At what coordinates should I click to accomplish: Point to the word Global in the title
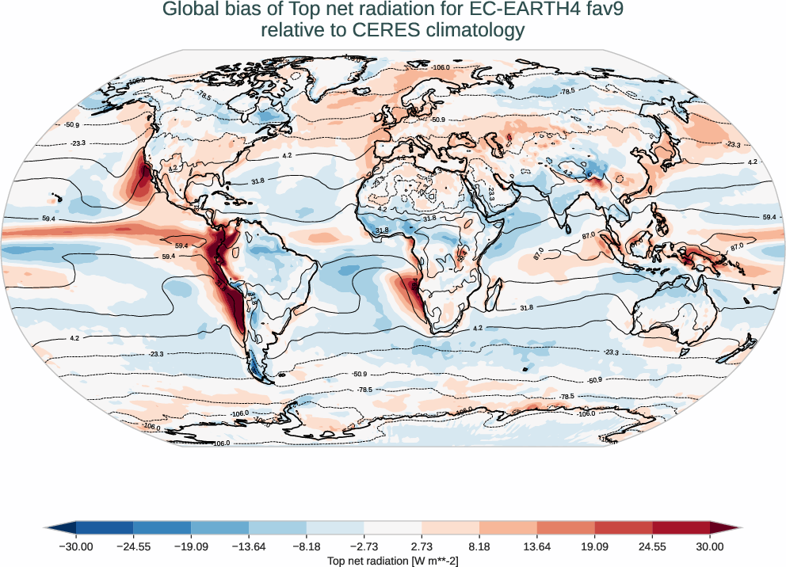[190, 10]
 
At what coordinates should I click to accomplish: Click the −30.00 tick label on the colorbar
[75, 546]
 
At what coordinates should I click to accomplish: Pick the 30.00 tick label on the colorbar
[710, 546]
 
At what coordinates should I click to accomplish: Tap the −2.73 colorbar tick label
[364, 546]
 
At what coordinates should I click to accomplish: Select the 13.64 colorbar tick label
[537, 546]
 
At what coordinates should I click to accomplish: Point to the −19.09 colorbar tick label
[191, 546]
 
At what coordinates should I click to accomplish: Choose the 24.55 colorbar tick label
[652, 546]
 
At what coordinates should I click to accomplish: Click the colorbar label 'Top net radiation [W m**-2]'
[393, 560]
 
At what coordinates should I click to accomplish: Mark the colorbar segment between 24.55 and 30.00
[681, 527]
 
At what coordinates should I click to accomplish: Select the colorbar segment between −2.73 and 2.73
[393, 527]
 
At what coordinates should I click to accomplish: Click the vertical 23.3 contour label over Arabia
[491, 192]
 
